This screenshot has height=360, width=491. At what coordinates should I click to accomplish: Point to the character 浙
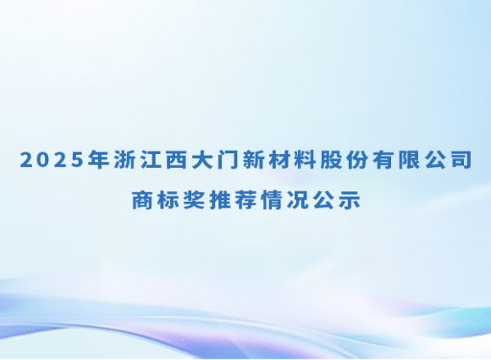pos(124,161)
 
